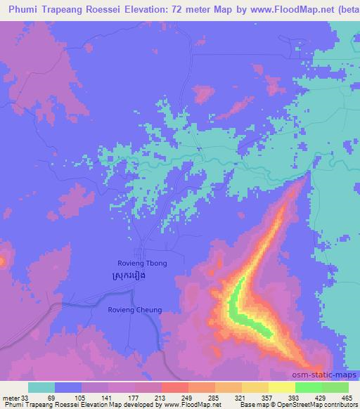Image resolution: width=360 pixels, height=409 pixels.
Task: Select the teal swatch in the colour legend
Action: pos(41,387)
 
